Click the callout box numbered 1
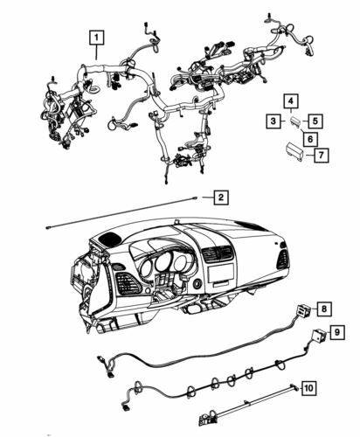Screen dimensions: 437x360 95,38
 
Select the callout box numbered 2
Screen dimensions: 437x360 221,198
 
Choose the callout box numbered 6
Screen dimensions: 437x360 309,139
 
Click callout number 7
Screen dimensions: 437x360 322,155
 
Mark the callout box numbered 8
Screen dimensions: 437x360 322,309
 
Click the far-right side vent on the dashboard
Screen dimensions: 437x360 282,259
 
